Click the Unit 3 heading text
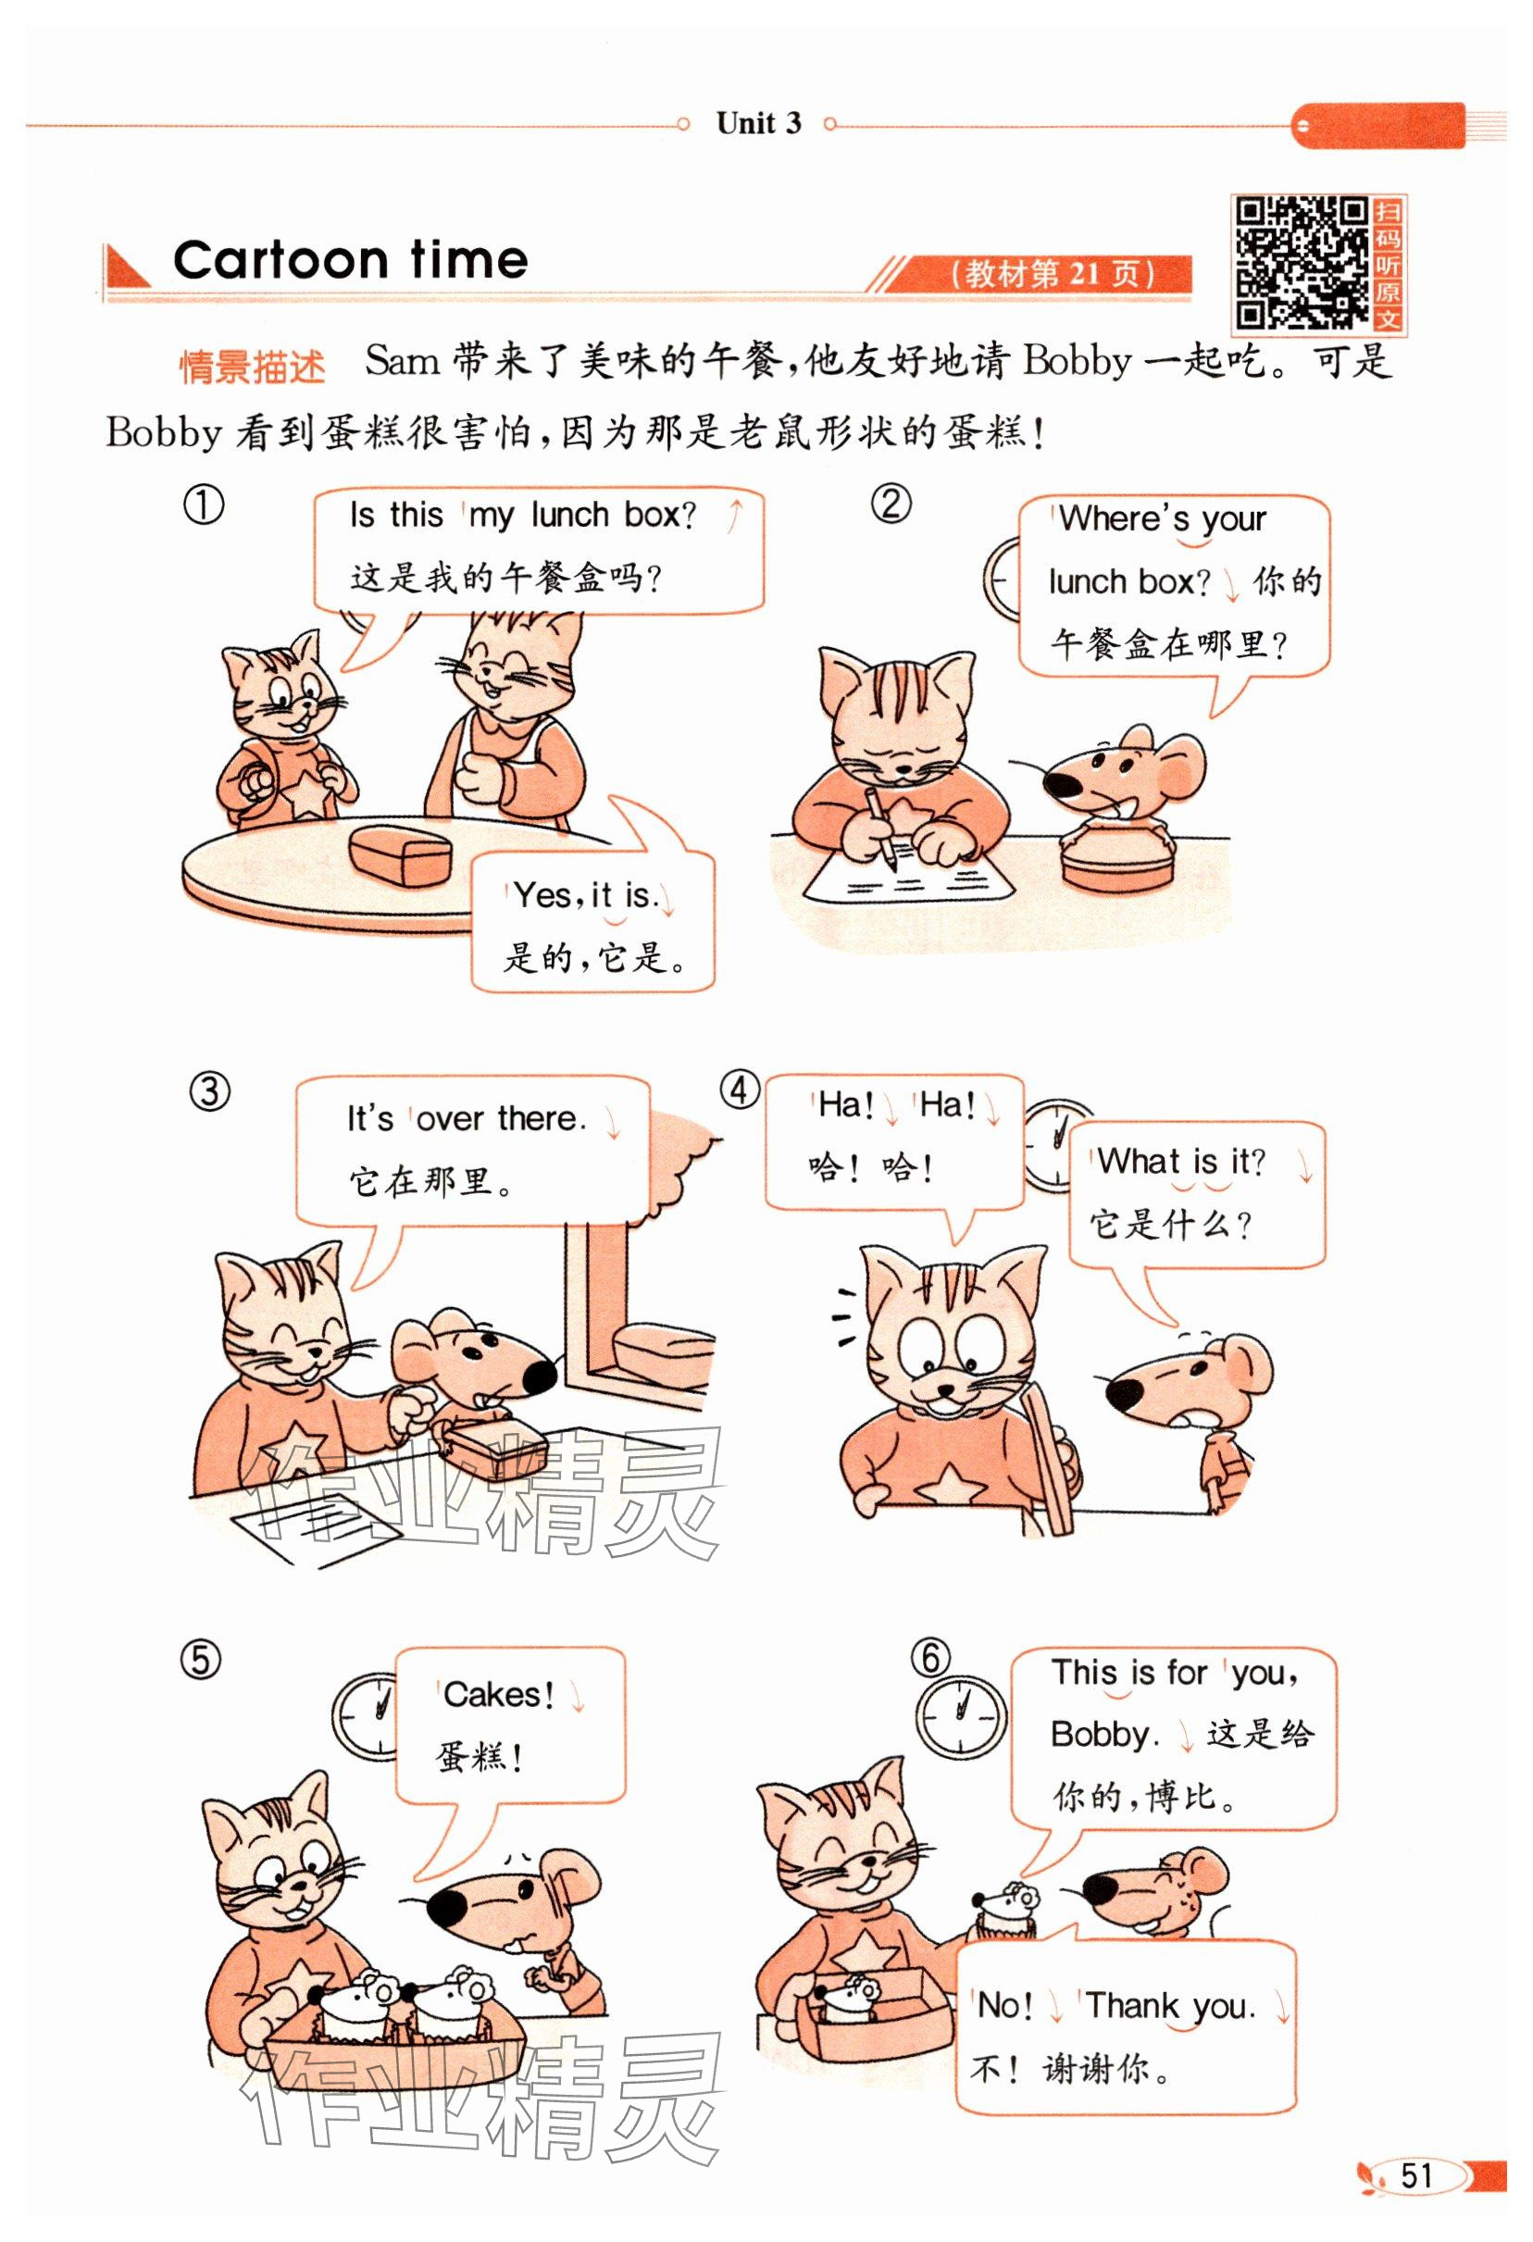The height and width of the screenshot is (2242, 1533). click(758, 123)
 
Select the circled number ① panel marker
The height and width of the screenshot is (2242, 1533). click(204, 505)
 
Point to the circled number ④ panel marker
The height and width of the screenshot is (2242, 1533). click(740, 1091)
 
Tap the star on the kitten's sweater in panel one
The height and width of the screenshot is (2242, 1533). click(305, 794)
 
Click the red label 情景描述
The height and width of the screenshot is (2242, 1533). click(253, 367)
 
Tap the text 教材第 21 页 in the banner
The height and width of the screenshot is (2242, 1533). click(1052, 275)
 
